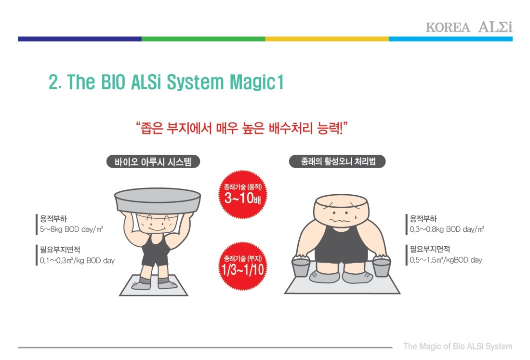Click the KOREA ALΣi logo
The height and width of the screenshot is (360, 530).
click(x=469, y=27)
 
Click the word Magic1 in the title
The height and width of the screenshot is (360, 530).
click(x=256, y=82)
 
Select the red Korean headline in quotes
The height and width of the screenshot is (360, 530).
click(x=242, y=128)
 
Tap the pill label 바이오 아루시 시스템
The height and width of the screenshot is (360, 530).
click(x=153, y=161)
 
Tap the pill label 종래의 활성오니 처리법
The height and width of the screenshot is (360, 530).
click(x=337, y=161)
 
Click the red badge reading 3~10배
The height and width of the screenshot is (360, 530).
click(x=243, y=194)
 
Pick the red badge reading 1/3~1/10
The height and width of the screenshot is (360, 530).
click(x=243, y=266)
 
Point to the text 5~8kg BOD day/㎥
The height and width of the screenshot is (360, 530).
click(x=71, y=229)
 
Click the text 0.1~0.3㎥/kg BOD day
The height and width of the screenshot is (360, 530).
click(x=78, y=261)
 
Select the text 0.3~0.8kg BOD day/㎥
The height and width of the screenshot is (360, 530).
click(x=447, y=229)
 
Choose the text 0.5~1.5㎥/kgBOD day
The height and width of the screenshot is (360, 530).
click(x=446, y=260)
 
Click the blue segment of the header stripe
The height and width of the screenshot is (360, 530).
click(x=450, y=39)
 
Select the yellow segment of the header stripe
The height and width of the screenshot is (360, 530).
click(x=327, y=39)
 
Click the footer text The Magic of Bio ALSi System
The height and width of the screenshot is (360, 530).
click(x=458, y=346)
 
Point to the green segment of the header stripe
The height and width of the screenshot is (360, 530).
click(x=203, y=39)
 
